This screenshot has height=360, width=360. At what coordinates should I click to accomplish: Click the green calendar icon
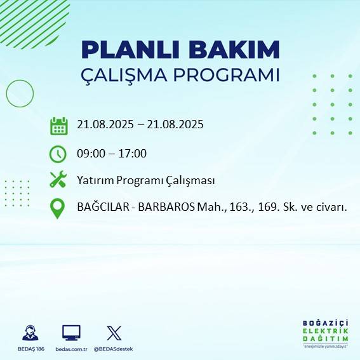[x=58, y=126]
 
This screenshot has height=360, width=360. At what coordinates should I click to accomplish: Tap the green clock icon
[x=58, y=153]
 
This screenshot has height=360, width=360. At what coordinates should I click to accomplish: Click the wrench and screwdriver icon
[x=58, y=180]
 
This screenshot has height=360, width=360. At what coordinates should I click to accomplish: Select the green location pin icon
[x=58, y=208]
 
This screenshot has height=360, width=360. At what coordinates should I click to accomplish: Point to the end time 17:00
[x=133, y=153]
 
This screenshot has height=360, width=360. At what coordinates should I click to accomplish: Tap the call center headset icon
[x=30, y=333]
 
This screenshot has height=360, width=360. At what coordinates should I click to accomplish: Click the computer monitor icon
[x=70, y=333]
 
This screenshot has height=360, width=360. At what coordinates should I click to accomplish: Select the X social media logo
[x=114, y=333]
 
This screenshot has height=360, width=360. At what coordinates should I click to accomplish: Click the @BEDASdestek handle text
[x=114, y=349]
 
